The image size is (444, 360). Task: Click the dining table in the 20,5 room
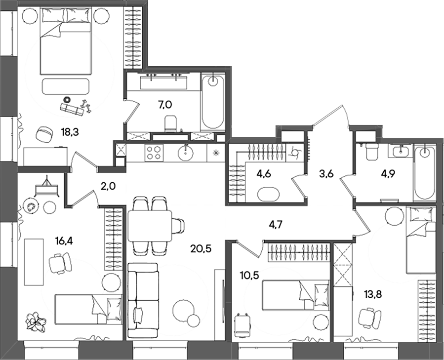(x=150, y=226)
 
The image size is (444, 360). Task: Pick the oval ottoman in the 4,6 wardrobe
(x=269, y=193)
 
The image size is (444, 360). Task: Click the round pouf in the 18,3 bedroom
(x=44, y=133)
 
